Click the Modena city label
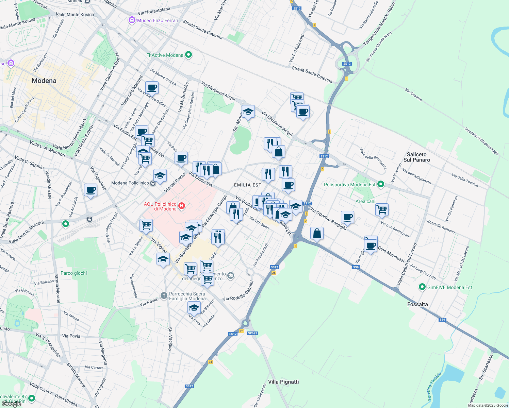pyautogui.click(x=44, y=81)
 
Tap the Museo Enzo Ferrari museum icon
pyautogui.click(x=132, y=20)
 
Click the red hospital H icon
pyautogui.click(x=182, y=206)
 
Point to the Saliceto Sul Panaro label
pyautogui.click(x=416, y=157)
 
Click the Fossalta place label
pyautogui.click(x=417, y=304)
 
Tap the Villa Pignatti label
pyautogui.click(x=283, y=382)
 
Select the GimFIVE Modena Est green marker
pyautogui.click(x=422, y=287)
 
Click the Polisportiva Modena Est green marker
pyautogui.click(x=381, y=184)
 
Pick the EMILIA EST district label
pyautogui.click(x=248, y=185)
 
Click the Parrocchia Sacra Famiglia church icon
pyautogui.click(x=164, y=295)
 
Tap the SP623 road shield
pyautogui.click(x=252, y=333)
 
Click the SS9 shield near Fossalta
pyautogui.click(x=442, y=320)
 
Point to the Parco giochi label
pyautogui.click(x=73, y=273)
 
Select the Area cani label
pyautogui.click(x=365, y=201)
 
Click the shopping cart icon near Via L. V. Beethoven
pyautogui.click(x=382, y=209)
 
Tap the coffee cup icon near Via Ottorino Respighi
pyautogui.click(x=347, y=217)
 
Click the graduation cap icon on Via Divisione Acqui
pyautogui.click(x=248, y=112)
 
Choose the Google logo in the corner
pyautogui.click(x=11, y=404)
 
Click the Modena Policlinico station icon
pyautogui.click(x=153, y=183)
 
